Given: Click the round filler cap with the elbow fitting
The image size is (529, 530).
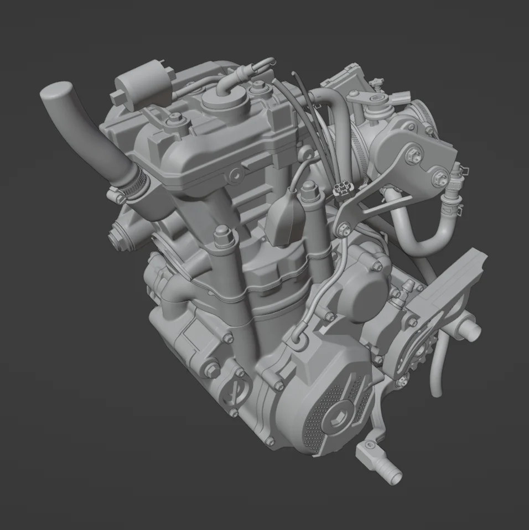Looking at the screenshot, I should point(224,100).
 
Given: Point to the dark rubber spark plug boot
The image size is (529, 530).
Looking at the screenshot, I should point(283,219).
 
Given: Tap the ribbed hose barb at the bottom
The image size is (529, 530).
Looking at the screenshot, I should point(387,471).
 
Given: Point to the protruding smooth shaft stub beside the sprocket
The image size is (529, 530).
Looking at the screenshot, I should point(469,330).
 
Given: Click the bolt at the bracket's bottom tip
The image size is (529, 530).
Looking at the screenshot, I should point(344,226).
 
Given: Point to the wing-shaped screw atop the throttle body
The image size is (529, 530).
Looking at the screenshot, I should point(377,84).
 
